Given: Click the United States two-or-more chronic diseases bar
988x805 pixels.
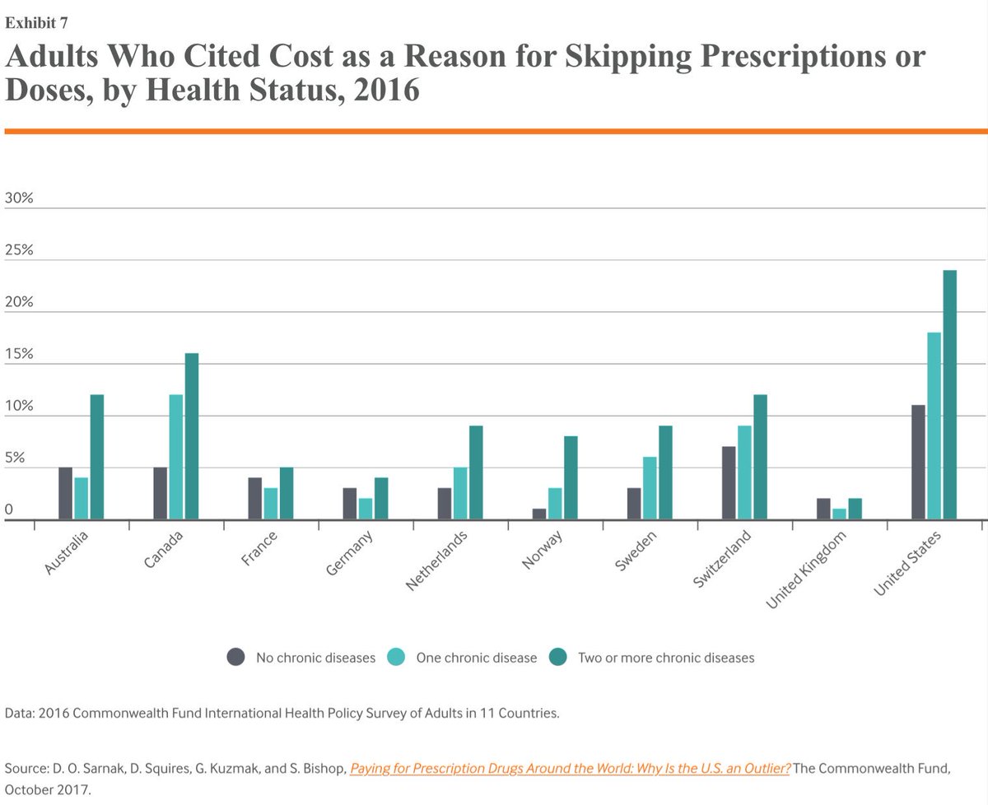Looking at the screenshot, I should coord(949,395).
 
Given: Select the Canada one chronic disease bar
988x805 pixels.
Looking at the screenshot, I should coord(176,458).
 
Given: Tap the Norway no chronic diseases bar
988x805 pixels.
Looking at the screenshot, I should coord(539,514).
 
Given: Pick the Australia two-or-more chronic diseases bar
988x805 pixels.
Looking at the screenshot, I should coord(97,458).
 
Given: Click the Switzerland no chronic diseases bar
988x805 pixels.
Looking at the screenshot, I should coord(729,483).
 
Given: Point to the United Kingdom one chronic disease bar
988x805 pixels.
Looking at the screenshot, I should coord(839,514).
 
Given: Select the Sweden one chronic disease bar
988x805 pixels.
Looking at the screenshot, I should coord(650,489).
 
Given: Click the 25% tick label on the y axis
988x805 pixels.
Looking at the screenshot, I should coord(19,250).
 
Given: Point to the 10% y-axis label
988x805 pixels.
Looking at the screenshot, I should coord(19,407).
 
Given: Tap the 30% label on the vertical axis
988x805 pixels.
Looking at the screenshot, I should coord(19,198).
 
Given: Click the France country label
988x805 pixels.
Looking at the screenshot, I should coord(260,550).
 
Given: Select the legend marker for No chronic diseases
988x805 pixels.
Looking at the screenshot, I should coord(236,657).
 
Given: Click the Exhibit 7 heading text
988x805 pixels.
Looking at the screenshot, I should coord(36,21).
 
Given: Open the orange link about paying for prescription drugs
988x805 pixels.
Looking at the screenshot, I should coord(570,769).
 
